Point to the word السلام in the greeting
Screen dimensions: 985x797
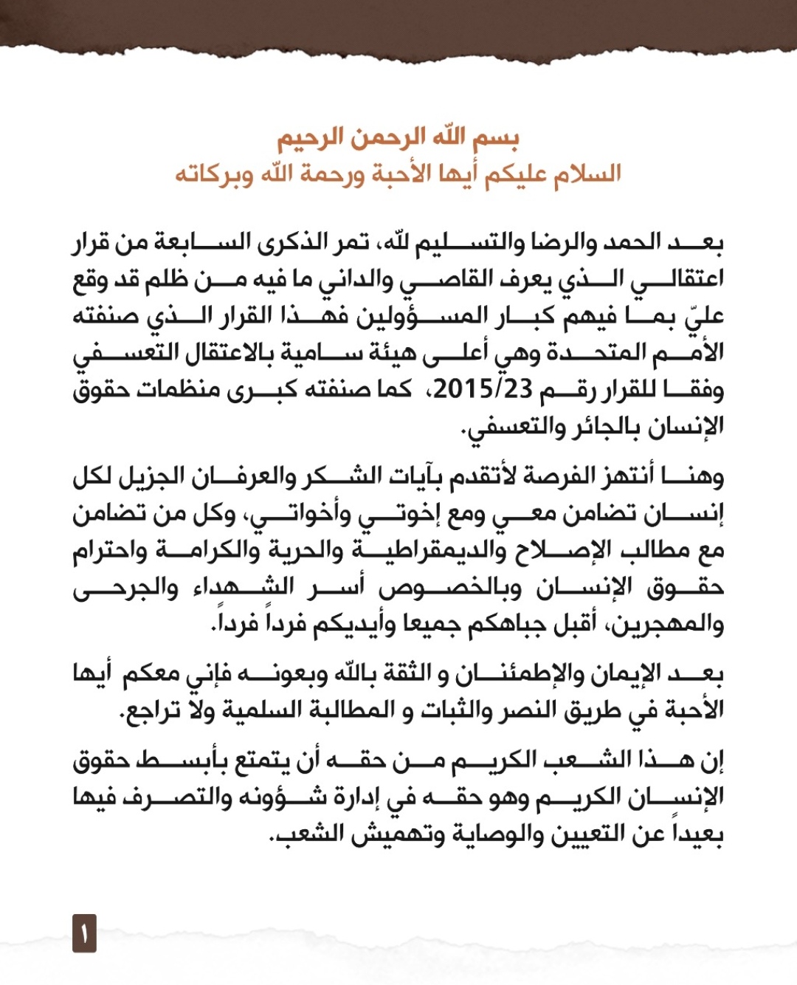[x=583, y=175]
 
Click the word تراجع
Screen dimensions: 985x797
[x=152, y=710]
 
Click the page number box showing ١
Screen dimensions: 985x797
[x=84, y=933]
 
